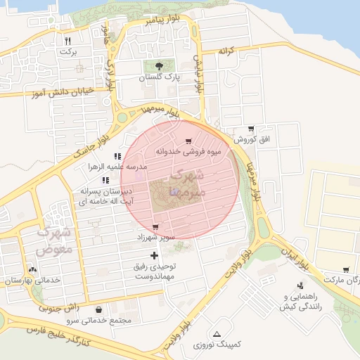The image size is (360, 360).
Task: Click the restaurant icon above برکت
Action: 67,40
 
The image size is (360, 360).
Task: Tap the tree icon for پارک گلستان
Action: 156,66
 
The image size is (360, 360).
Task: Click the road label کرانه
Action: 225,51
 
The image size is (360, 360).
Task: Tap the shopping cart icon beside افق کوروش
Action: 250,128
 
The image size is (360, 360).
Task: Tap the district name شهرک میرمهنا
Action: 188,182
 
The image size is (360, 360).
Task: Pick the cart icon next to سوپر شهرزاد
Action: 155,227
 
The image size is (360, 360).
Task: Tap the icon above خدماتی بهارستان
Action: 32,269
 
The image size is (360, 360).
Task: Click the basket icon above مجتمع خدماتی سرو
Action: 98,309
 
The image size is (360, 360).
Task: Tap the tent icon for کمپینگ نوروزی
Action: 217,333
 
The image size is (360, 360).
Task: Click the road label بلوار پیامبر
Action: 164,19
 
